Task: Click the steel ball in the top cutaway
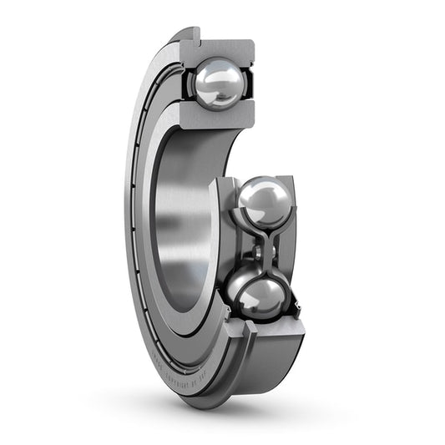coord(220,82)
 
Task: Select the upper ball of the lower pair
coord(265,202)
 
